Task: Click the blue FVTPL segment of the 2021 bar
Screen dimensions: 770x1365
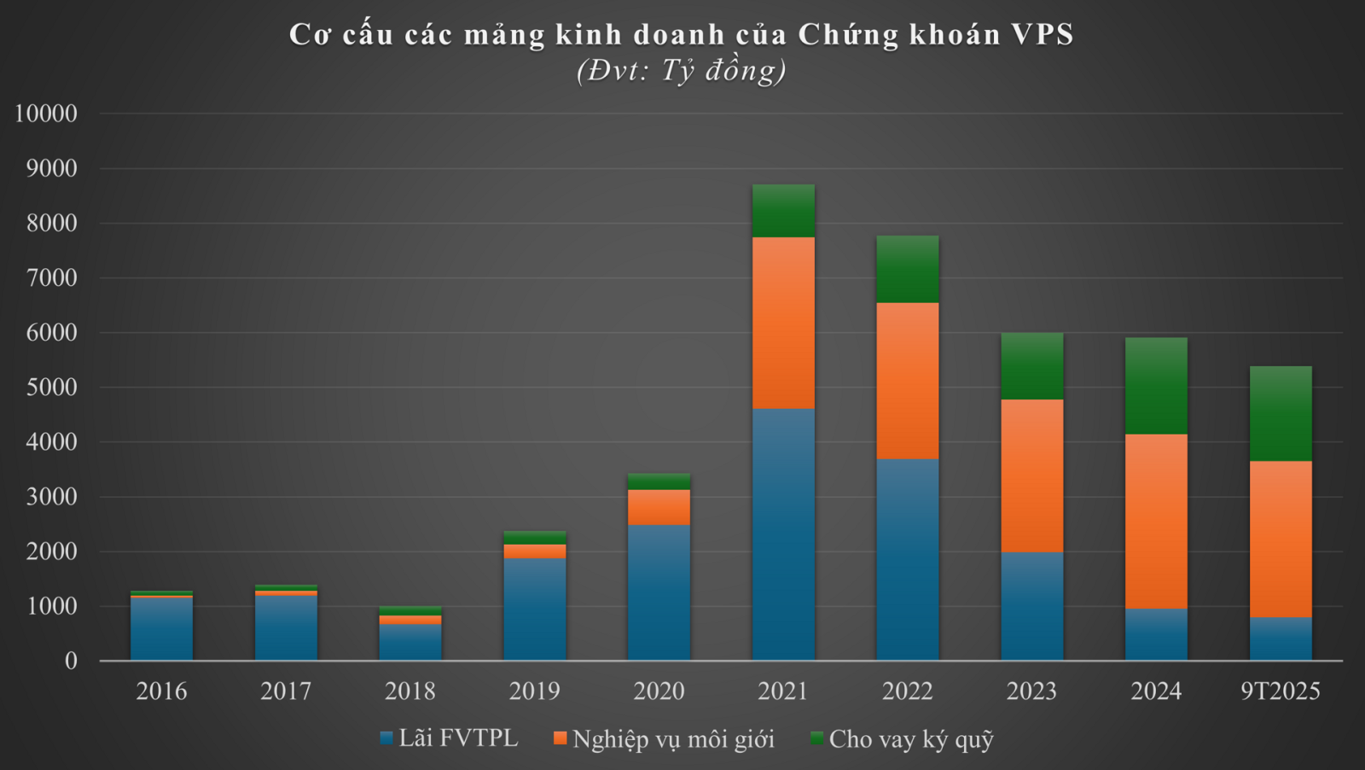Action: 783,534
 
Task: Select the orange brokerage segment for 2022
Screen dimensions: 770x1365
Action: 908,381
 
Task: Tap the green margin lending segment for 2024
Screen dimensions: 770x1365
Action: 1156,386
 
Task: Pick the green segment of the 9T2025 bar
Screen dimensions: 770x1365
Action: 1281,414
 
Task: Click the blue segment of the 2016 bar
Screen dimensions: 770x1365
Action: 161,628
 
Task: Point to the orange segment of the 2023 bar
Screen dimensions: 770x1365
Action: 1032,475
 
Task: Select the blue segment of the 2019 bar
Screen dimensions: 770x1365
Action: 535,609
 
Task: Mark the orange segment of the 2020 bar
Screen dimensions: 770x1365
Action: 659,507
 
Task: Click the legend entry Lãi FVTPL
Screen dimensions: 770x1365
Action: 450,738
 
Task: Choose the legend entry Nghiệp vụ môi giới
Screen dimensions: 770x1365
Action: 665,738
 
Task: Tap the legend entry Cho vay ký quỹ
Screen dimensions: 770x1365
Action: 903,738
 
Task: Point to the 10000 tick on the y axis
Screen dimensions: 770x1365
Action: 46,114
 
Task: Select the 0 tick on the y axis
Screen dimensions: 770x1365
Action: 71,661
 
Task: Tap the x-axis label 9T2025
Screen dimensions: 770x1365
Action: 1281,691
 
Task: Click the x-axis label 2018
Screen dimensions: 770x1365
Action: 410,691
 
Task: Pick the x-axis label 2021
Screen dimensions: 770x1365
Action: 783,691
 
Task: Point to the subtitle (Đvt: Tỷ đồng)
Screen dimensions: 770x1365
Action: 682,70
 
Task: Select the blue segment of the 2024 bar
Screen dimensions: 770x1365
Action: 1156,634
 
